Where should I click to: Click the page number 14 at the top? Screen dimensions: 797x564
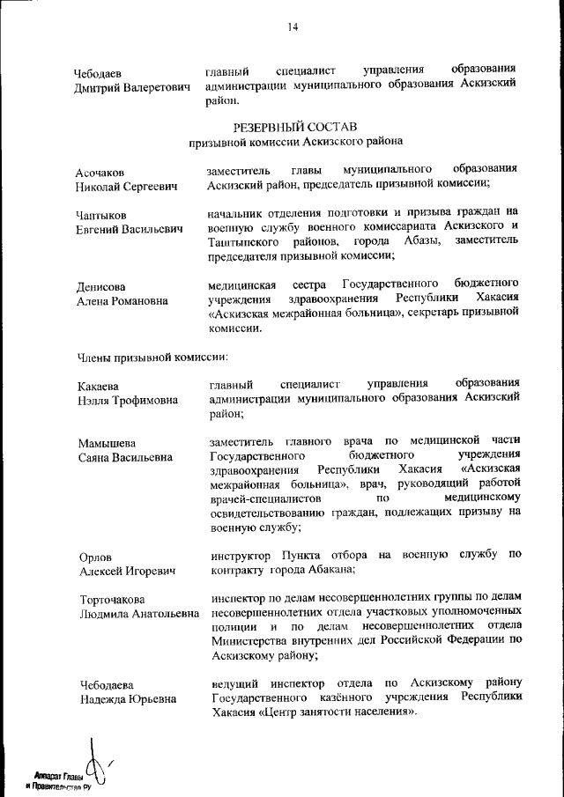(293, 27)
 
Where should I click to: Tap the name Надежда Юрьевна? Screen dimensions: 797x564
(125, 699)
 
